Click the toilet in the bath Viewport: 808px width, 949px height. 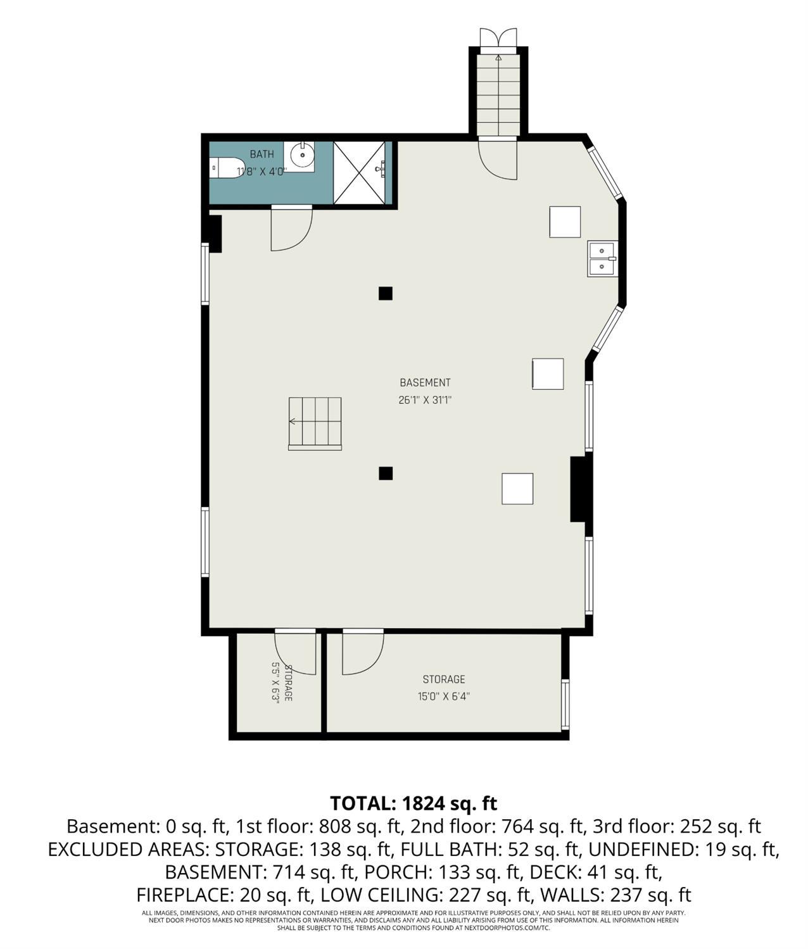click(227, 168)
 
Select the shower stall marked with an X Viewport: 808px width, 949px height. click(359, 173)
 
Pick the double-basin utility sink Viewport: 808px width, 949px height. click(602, 258)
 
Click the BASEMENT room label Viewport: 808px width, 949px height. click(425, 382)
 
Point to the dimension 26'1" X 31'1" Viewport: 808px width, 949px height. click(425, 400)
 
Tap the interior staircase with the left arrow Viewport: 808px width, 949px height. click(315, 424)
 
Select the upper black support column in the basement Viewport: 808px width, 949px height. click(386, 293)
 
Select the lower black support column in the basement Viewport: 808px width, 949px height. click(386, 474)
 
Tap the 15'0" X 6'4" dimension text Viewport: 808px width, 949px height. click(443, 696)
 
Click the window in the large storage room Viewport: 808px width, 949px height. click(565, 704)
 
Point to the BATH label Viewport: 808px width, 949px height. click(262, 154)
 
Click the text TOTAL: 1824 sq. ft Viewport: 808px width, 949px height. click(413, 803)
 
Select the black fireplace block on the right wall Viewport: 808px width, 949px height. click(578, 489)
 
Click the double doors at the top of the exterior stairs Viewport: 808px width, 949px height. click(498, 37)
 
